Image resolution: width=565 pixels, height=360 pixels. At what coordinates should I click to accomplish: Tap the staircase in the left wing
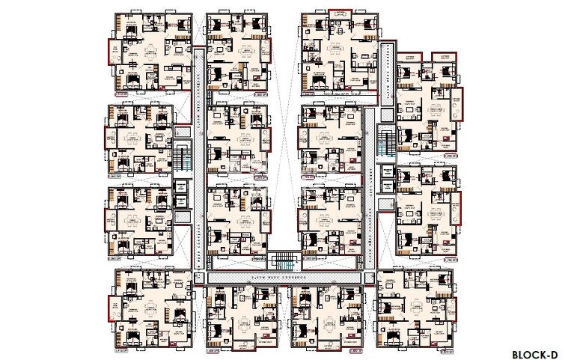[x=183, y=155]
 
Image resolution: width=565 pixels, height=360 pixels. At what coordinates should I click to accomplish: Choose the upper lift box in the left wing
[x=180, y=185]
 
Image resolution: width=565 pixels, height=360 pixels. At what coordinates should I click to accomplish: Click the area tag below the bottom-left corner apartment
[x=120, y=349]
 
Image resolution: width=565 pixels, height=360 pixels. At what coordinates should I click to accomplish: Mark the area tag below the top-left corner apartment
[x=122, y=96]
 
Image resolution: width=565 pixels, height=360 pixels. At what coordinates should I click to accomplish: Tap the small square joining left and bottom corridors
[x=198, y=277]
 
